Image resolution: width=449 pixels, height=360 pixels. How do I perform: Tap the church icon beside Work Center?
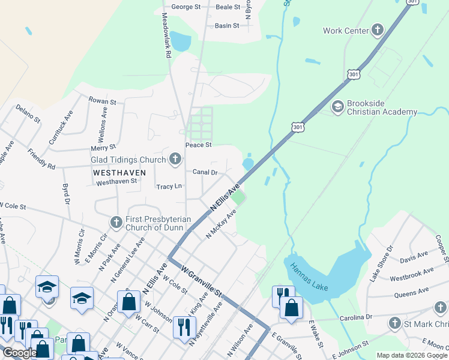point(378,30)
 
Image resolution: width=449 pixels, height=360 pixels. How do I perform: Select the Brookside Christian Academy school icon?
point(338,106)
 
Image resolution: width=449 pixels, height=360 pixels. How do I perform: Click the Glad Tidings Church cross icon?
point(175,159)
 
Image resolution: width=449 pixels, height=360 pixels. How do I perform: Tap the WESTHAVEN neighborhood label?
point(120,172)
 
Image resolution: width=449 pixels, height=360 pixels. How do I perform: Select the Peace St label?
point(198,145)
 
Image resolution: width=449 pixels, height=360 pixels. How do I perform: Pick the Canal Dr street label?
point(205,172)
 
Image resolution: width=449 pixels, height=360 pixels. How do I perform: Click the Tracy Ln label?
point(169,187)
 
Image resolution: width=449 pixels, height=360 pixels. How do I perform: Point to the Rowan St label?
point(102,101)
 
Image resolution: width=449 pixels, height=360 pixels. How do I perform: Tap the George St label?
point(185,7)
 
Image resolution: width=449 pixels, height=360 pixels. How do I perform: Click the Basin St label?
point(227,26)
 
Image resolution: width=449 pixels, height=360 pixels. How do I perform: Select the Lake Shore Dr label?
point(381,263)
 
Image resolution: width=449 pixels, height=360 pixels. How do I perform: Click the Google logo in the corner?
point(19,353)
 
